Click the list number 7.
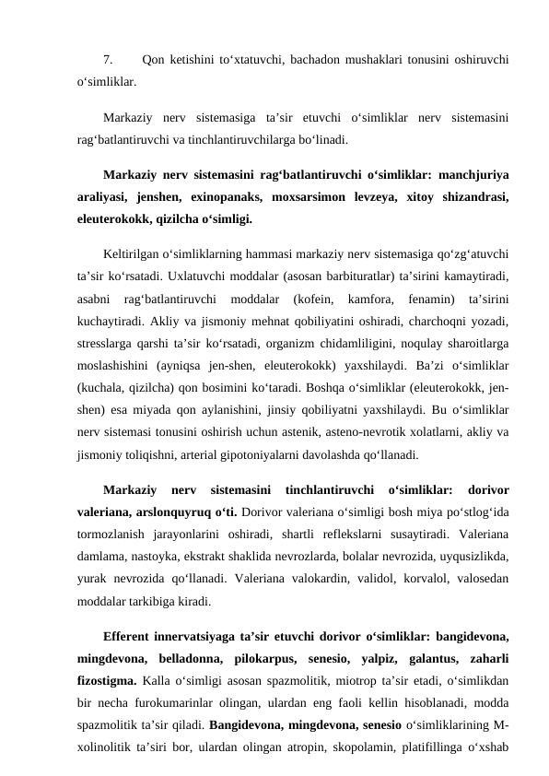pyautogui.click(x=109, y=61)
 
